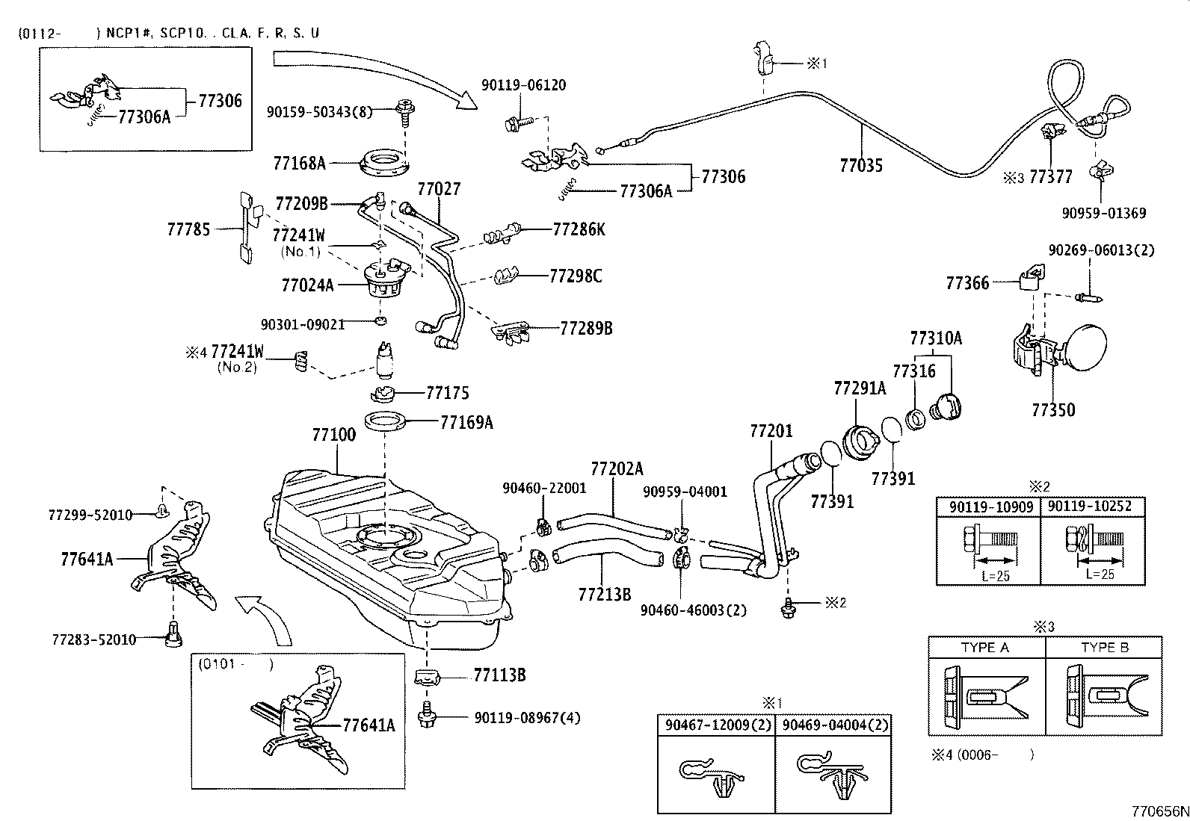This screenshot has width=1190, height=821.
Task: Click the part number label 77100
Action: [x=333, y=435]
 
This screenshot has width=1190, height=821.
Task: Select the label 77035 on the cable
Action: [x=860, y=165]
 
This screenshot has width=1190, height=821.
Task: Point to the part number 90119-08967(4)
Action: [x=527, y=718]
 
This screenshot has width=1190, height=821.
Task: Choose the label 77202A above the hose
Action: [x=616, y=468]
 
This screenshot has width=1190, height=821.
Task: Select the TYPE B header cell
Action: [x=1104, y=648]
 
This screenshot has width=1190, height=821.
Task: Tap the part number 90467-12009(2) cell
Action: [x=715, y=725]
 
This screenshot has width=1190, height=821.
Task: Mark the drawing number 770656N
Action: [x=1158, y=811]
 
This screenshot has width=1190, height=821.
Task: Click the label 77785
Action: [x=188, y=229]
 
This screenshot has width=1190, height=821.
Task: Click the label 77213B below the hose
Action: [x=604, y=594]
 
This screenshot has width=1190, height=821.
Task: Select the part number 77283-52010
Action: [x=94, y=639]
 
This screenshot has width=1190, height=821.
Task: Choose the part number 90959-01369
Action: [x=1103, y=213]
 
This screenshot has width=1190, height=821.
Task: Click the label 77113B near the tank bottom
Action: [x=499, y=675]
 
